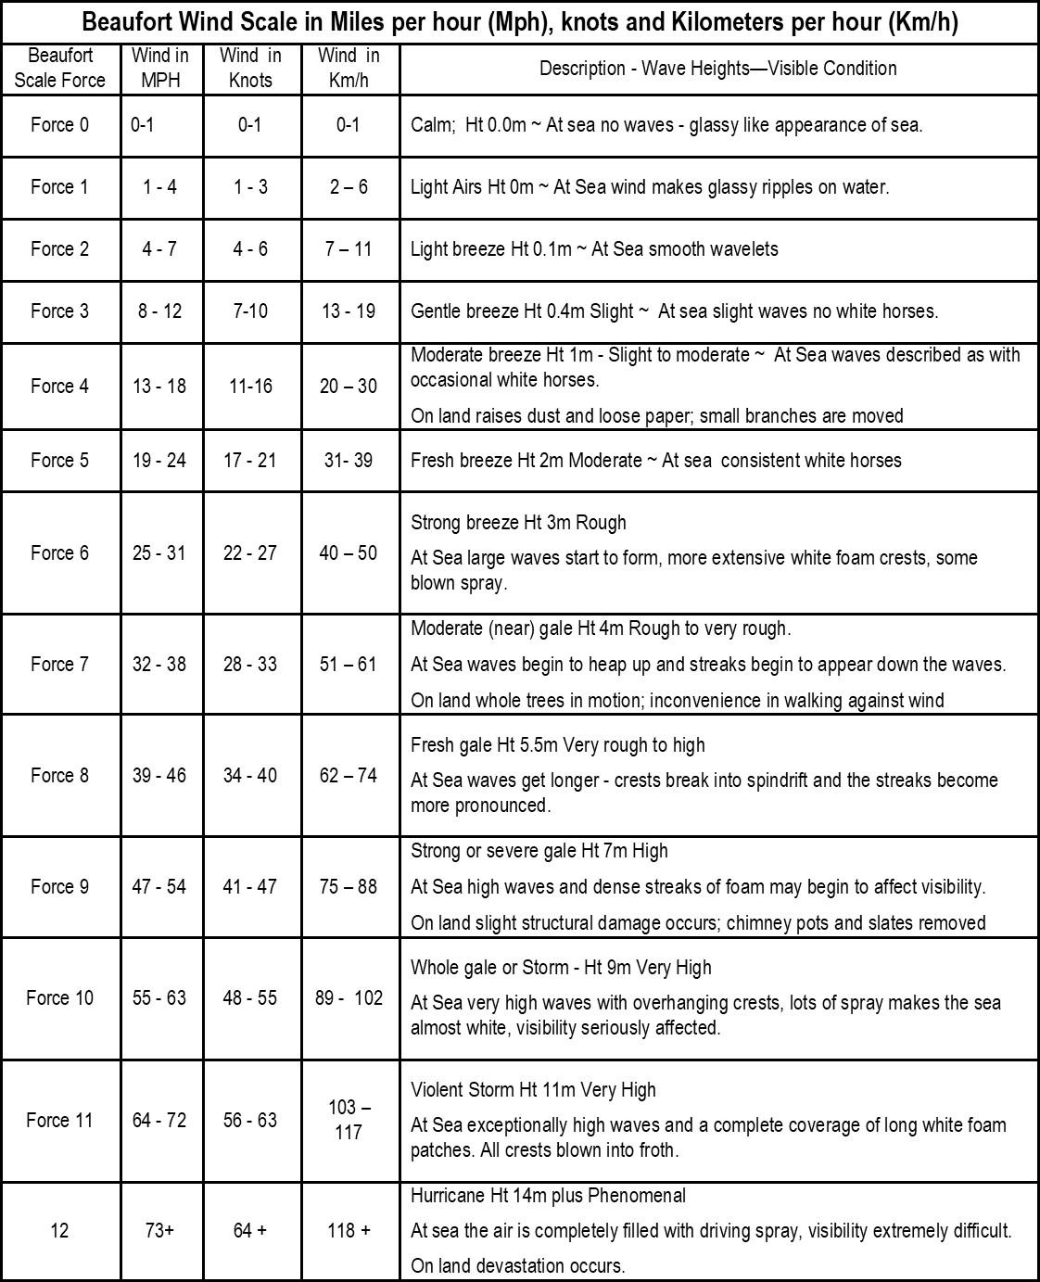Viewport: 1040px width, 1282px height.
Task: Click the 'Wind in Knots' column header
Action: coord(250,68)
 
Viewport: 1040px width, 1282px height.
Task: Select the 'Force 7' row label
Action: coord(59,664)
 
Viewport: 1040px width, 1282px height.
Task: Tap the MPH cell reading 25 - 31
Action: coord(159,552)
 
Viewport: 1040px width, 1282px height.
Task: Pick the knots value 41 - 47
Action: coord(250,886)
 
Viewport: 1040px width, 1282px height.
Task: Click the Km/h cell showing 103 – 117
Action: coord(349,1120)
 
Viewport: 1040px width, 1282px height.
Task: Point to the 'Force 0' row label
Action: coord(59,125)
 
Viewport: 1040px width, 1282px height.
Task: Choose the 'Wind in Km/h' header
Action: coord(349,68)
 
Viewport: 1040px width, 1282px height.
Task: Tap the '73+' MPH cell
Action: coord(159,1230)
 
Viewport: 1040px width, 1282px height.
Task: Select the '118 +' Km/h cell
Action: coord(349,1230)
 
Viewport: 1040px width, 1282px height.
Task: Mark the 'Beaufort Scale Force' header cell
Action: coord(59,68)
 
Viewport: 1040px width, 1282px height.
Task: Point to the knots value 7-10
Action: coord(250,311)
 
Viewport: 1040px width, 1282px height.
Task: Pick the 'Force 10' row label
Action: coord(59,997)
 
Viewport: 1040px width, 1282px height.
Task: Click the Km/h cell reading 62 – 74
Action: coord(349,775)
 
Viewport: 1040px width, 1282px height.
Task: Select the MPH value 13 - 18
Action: coord(159,386)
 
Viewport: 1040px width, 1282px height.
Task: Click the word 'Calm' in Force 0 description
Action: coord(430,125)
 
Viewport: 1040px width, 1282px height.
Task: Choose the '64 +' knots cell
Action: coord(250,1230)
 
